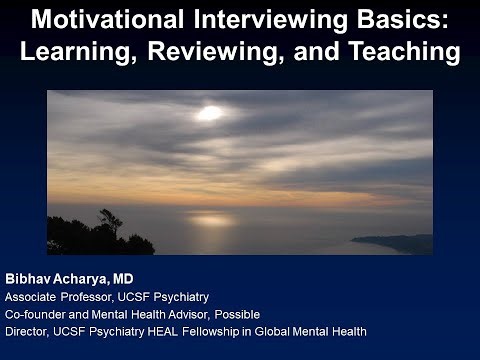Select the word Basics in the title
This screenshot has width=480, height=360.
coord(404,20)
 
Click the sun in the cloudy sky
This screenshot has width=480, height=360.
coord(209,113)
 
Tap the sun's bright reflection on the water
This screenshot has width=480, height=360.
coord(210,219)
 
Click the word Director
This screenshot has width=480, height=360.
coord(27,330)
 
